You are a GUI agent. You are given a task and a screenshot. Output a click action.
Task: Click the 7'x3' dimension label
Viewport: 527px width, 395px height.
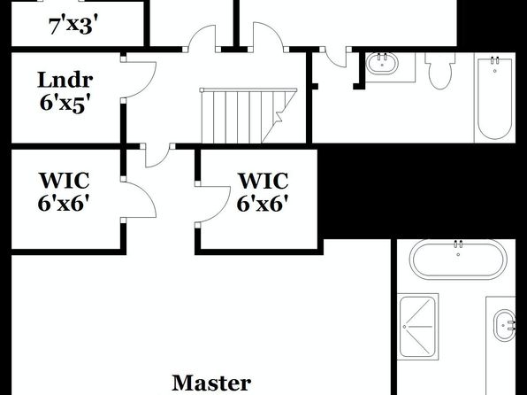(75, 26)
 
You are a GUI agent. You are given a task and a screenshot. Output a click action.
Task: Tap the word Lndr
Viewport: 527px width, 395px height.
(65, 80)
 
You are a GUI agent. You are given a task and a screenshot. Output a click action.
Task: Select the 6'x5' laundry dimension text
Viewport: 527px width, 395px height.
(65, 103)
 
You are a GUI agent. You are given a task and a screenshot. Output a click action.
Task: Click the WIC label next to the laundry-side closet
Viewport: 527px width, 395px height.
(65, 181)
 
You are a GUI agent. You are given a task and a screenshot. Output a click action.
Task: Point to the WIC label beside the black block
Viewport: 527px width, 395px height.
(263, 181)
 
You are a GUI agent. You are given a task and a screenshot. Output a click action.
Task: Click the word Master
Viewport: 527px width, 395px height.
(211, 383)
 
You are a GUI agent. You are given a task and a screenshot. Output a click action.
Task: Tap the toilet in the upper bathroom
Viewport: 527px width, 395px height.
(440, 70)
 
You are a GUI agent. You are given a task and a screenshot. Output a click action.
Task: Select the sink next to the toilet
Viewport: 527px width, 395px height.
(382, 63)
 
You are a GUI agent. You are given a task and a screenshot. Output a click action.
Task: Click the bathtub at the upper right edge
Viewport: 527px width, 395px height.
(494, 97)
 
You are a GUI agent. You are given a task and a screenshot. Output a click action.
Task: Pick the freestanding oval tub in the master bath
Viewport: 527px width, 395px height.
(458, 259)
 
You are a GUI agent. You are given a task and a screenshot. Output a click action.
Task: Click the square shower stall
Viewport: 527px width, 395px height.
(417, 326)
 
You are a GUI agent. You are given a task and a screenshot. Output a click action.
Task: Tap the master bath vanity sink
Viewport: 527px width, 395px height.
(504, 326)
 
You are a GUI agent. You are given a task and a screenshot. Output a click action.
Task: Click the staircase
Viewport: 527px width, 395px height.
(248, 115)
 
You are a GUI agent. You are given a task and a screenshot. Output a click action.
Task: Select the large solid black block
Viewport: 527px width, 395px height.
(419, 191)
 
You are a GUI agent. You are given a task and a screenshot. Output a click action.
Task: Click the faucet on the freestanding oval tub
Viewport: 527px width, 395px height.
(458, 244)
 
